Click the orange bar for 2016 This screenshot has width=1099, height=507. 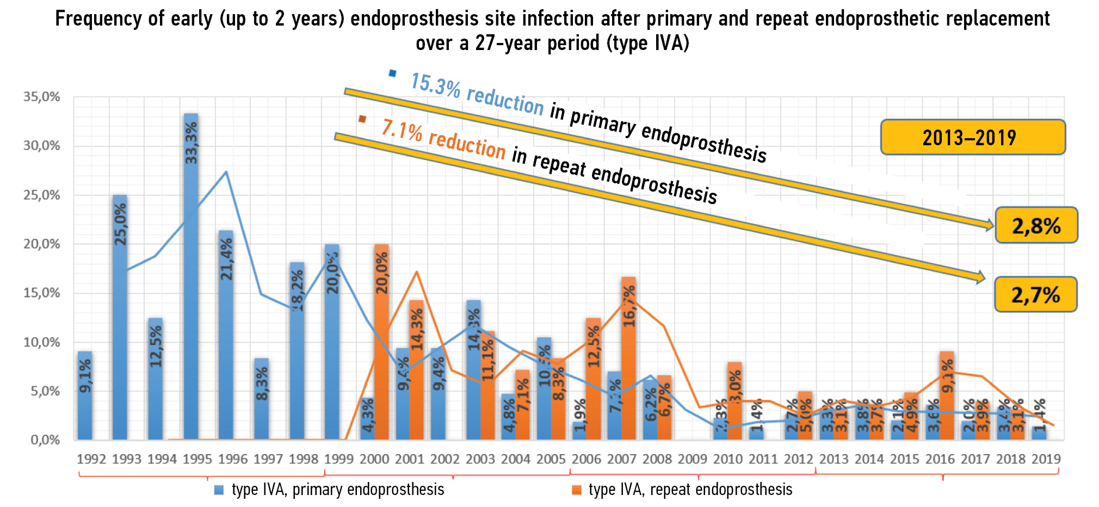tap(947, 395)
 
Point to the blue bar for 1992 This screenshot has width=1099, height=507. tap(85, 395)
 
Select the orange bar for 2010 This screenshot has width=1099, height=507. tap(734, 401)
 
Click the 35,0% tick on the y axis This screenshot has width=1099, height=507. tap(41, 97)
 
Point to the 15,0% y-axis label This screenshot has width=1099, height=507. tap(41, 293)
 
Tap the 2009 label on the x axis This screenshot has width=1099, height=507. tap(692, 459)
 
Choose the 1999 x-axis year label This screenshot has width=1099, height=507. tap(338, 459)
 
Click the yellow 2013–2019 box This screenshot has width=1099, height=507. tap(973, 137)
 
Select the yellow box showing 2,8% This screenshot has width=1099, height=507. tap(1036, 225)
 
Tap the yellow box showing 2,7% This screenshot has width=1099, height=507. tap(1035, 294)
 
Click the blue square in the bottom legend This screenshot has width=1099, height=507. tap(219, 490)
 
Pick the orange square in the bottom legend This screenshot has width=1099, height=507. tap(577, 490)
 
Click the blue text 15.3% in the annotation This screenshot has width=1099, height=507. tap(435, 85)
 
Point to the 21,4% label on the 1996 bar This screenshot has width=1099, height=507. tap(226, 259)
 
